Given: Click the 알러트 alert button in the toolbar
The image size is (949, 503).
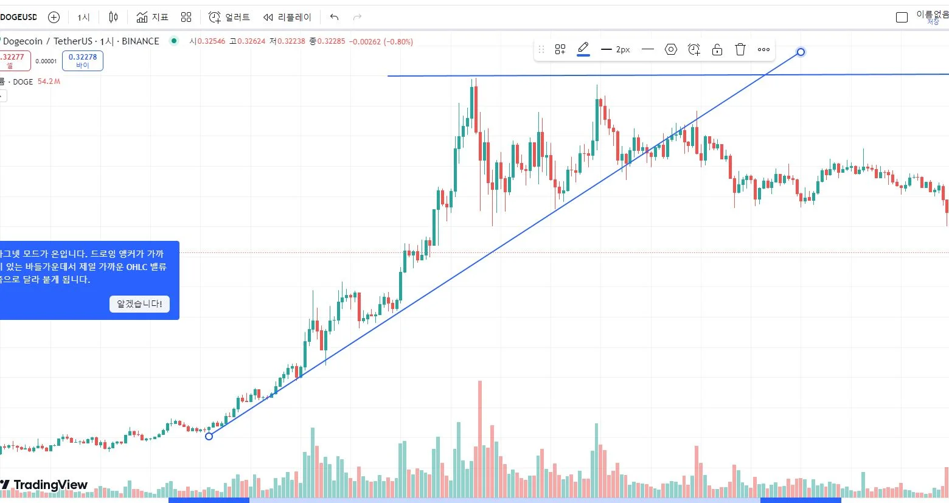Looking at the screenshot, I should point(229,17).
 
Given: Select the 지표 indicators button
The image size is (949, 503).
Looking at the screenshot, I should point(152,17).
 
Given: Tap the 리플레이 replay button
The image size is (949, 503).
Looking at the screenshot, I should point(287,17).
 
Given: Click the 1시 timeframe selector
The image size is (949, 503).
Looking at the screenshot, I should point(83,17).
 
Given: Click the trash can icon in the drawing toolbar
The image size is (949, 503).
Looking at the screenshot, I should point(740,49).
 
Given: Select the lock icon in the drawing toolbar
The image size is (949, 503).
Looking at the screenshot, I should point(717,49).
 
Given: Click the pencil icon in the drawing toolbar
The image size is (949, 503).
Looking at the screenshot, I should point(583,48).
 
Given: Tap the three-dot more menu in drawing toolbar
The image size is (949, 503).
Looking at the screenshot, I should point(763,49).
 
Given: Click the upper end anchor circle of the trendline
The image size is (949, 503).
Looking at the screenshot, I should point(801,52).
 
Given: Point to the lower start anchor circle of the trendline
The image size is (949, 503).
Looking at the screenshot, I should point(209,436).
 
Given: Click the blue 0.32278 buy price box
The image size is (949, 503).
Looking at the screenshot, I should point(83,60).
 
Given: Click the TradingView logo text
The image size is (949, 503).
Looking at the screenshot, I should point(50,485).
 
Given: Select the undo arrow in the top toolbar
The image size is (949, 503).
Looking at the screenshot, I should point(334,17).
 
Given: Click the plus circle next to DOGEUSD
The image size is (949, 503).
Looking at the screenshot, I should point(54,17).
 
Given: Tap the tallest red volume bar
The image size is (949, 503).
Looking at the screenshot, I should point(480,426).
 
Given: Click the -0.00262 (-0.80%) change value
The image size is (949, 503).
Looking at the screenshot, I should point(381,41).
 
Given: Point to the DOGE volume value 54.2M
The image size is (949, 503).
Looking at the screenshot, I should point(49,82).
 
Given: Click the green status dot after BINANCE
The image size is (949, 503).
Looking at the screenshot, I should point(174,41).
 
